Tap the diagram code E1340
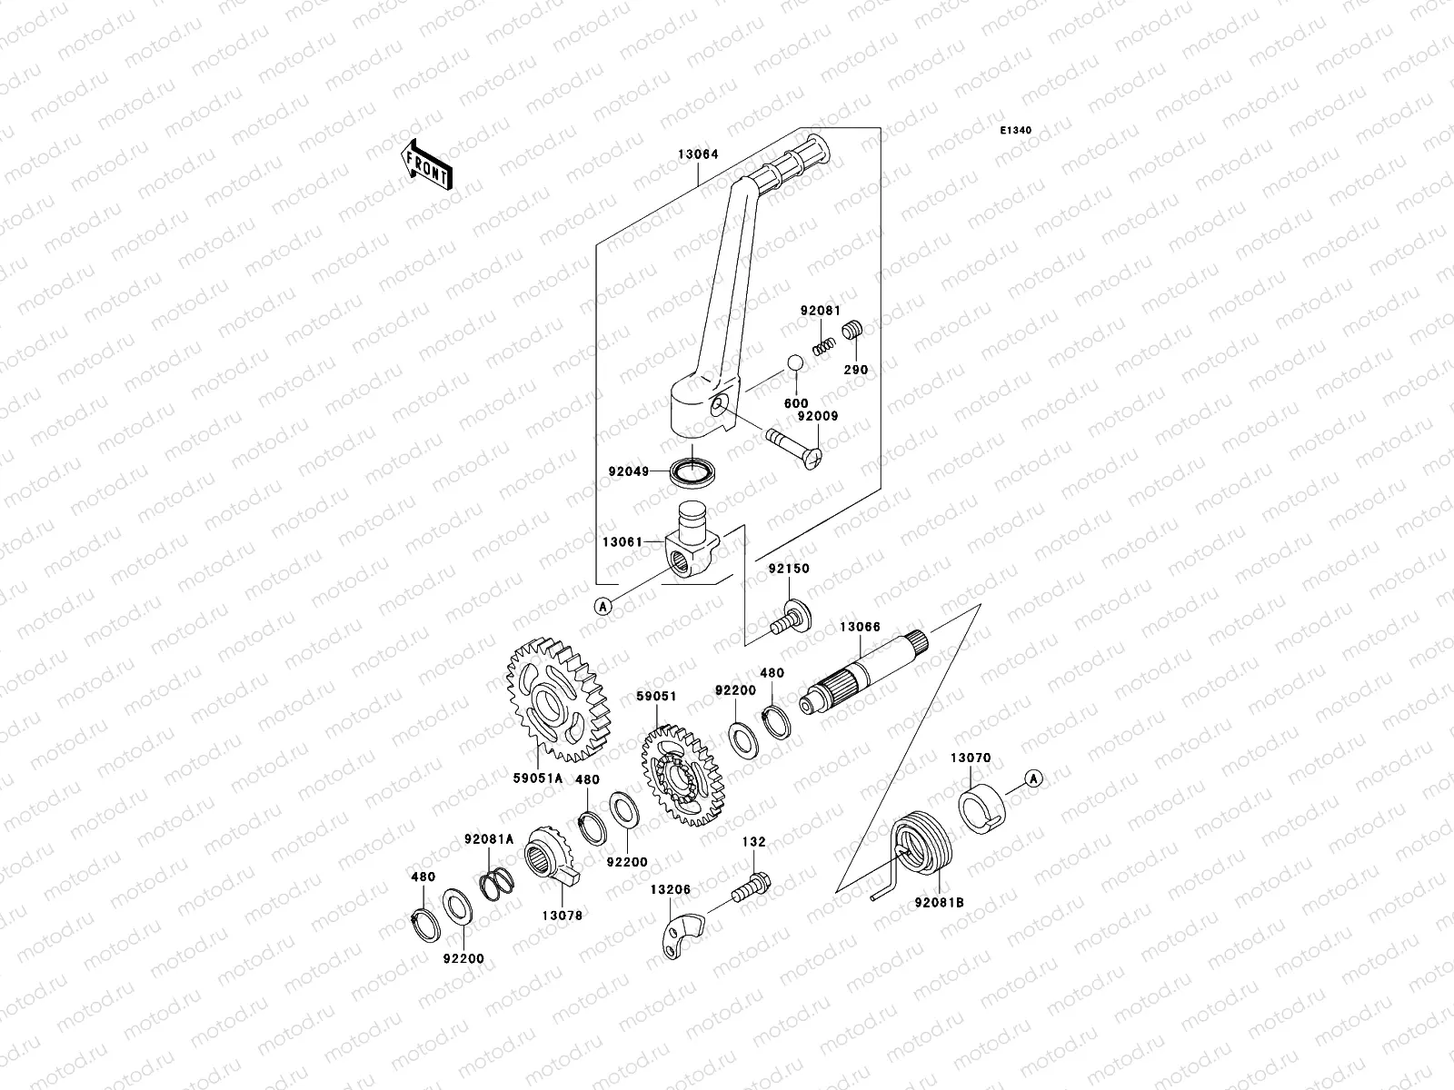(x=1017, y=131)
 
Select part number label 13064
(x=698, y=154)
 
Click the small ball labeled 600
(x=795, y=362)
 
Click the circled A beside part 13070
(x=1032, y=778)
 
